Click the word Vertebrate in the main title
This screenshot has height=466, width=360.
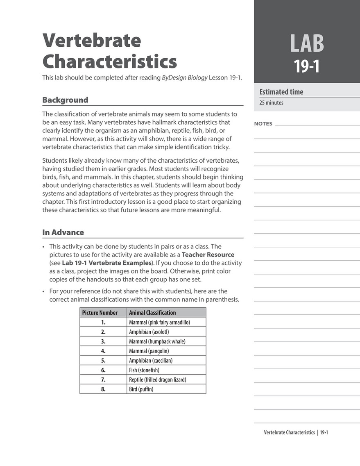(x=92, y=41)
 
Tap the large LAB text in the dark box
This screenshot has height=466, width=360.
(x=307, y=44)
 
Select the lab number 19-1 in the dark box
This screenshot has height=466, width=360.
(x=307, y=67)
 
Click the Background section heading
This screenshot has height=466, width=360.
(x=65, y=100)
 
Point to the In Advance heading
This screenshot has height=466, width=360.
(x=63, y=232)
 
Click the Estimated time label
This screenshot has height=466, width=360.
(x=281, y=92)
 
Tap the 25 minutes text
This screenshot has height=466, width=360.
(x=271, y=103)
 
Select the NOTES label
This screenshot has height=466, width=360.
(x=263, y=124)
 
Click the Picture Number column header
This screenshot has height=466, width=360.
(x=100, y=313)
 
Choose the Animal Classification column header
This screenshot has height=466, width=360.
(x=152, y=313)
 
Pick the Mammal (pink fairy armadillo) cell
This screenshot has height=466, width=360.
(x=159, y=322)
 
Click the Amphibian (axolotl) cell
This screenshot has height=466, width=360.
(x=149, y=332)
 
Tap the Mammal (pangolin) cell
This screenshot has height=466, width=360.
(x=149, y=351)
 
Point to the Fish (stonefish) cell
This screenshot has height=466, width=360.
(x=144, y=370)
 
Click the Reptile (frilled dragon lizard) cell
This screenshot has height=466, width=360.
(x=157, y=380)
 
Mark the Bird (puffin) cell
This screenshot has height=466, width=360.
(x=141, y=389)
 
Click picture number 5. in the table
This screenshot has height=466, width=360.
(x=103, y=361)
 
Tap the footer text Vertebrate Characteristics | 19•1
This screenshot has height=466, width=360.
(x=296, y=432)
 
